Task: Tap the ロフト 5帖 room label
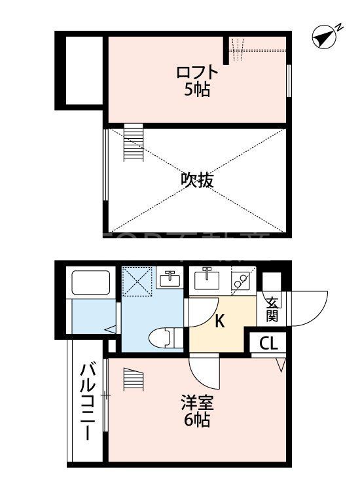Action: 196,81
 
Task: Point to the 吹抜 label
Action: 197,179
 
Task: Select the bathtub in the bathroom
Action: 92,283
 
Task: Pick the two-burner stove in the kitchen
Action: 240,282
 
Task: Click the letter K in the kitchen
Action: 220,321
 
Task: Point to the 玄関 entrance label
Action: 272,309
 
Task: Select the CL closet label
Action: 268,343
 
